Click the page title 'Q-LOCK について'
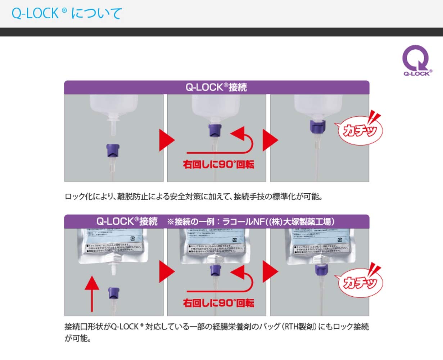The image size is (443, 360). pos(67,14)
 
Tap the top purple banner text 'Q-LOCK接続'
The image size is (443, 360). pos(216,87)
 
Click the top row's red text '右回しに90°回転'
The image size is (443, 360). pos(218,165)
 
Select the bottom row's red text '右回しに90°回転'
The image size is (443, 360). pos(218,303)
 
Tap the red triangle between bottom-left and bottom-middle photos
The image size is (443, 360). pos(166,271)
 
